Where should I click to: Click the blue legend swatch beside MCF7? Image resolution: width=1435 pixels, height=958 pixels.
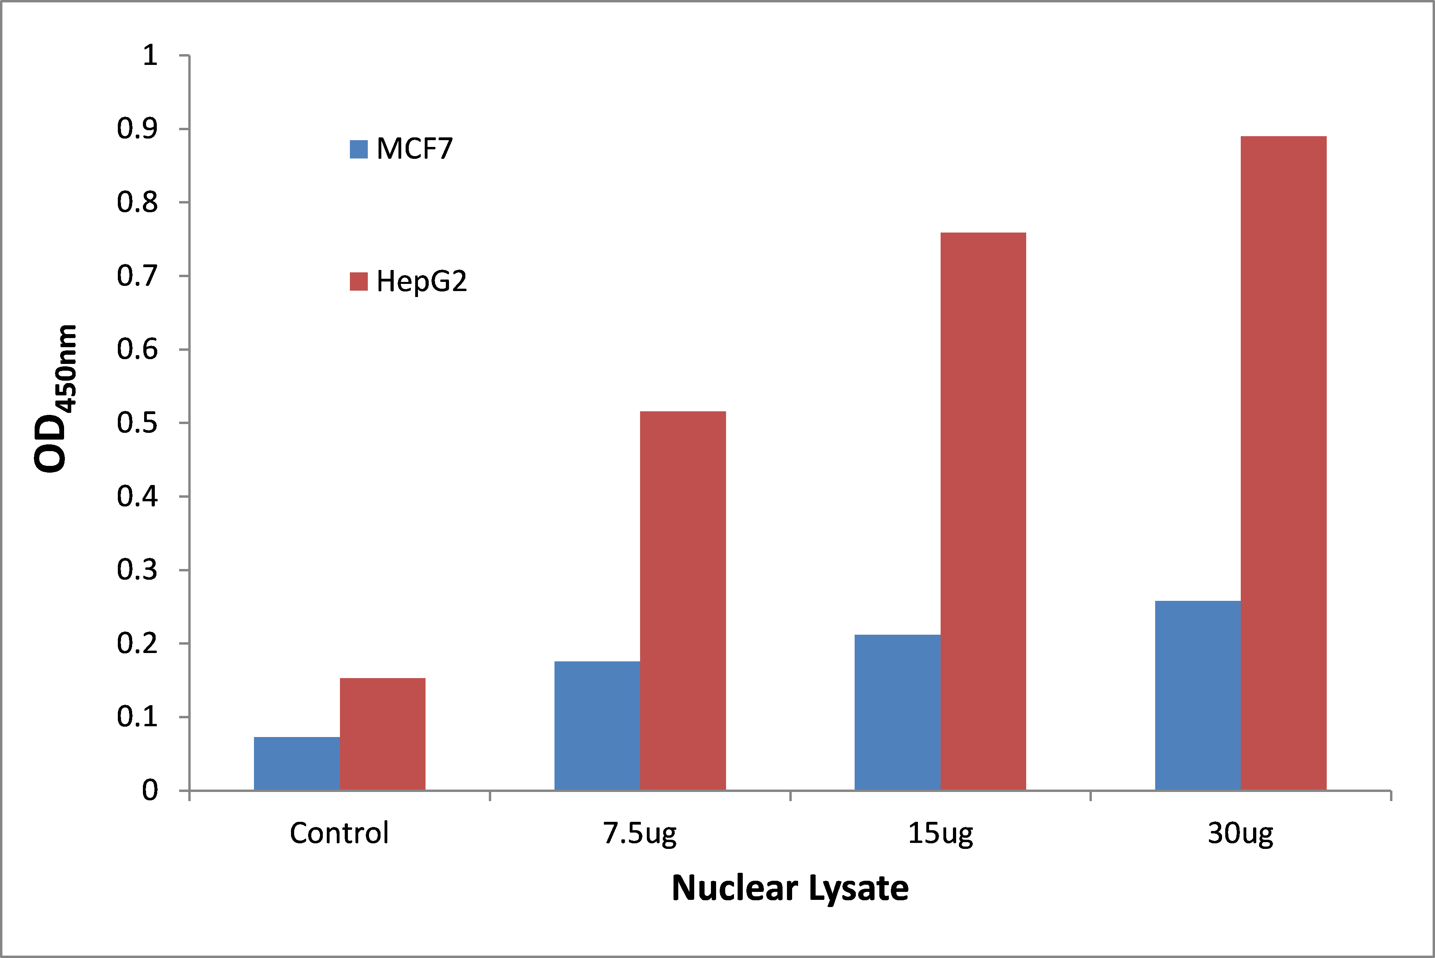click(358, 149)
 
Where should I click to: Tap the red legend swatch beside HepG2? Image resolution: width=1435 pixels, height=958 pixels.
click(358, 281)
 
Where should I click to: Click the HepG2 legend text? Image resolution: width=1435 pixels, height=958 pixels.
click(421, 281)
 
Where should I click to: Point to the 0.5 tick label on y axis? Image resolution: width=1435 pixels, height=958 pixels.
click(137, 423)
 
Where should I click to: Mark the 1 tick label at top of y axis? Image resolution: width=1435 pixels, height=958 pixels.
click(150, 56)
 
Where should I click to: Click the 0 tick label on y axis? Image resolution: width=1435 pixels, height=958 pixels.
click(150, 791)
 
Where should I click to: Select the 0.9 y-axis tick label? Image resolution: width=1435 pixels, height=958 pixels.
click(137, 129)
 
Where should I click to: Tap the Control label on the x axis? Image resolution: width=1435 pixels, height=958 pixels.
click(339, 833)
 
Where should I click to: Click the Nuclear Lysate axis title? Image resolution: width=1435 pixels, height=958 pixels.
click(790, 888)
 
